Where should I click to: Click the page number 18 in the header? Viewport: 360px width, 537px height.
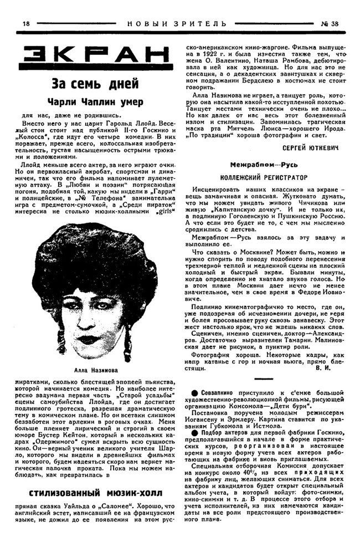tap(25, 23)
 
